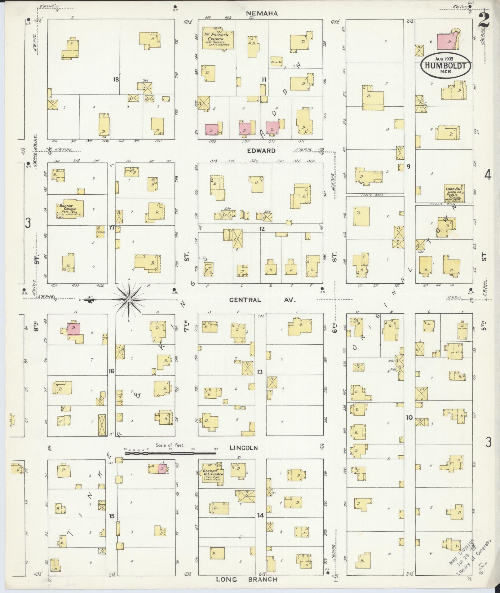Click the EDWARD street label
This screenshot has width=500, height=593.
[261, 151]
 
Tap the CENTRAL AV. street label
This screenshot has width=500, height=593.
[263, 300]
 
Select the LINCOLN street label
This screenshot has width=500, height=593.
[244, 448]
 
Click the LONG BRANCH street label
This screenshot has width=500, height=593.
[246, 579]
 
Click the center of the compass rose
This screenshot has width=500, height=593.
[128, 300]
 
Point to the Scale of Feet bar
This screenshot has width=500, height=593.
[170, 453]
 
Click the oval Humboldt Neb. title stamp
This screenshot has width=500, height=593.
[445, 65]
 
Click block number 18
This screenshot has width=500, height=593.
[116, 79]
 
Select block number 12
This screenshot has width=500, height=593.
[262, 229]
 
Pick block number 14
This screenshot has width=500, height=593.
[260, 516]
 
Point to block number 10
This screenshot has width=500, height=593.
[409, 418]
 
